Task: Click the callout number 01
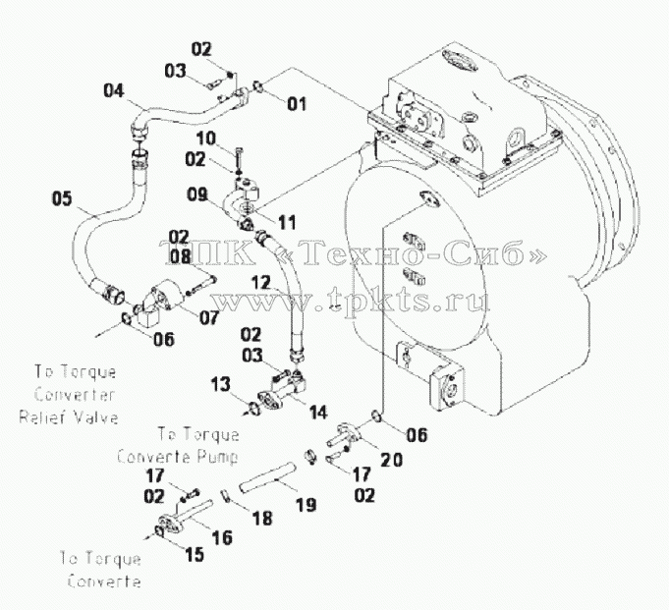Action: [x=297, y=104]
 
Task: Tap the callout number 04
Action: [x=114, y=90]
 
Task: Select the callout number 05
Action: [x=62, y=198]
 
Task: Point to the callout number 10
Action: [x=206, y=139]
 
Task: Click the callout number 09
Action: [x=197, y=194]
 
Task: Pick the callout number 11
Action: [x=287, y=222]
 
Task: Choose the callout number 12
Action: [x=260, y=283]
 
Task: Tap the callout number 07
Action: [x=208, y=317]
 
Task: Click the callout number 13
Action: [x=221, y=384]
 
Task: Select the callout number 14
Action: [x=318, y=413]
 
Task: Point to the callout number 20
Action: [x=391, y=460]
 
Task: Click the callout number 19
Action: [x=307, y=505]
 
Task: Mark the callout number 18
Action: [x=262, y=519]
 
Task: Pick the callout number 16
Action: [x=222, y=537]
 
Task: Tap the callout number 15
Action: [x=195, y=555]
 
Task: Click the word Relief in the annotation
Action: [x=38, y=416]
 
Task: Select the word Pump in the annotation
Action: [x=217, y=457]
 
